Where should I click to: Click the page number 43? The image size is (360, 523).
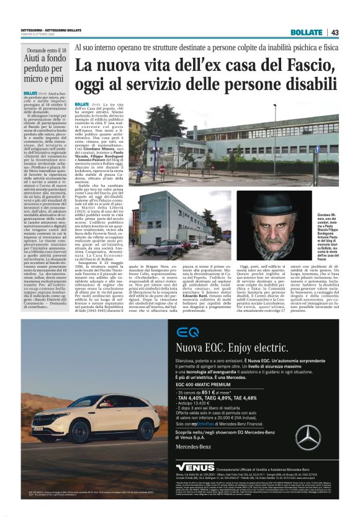pos(335,32)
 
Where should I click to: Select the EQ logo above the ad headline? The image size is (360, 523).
pos(187,331)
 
